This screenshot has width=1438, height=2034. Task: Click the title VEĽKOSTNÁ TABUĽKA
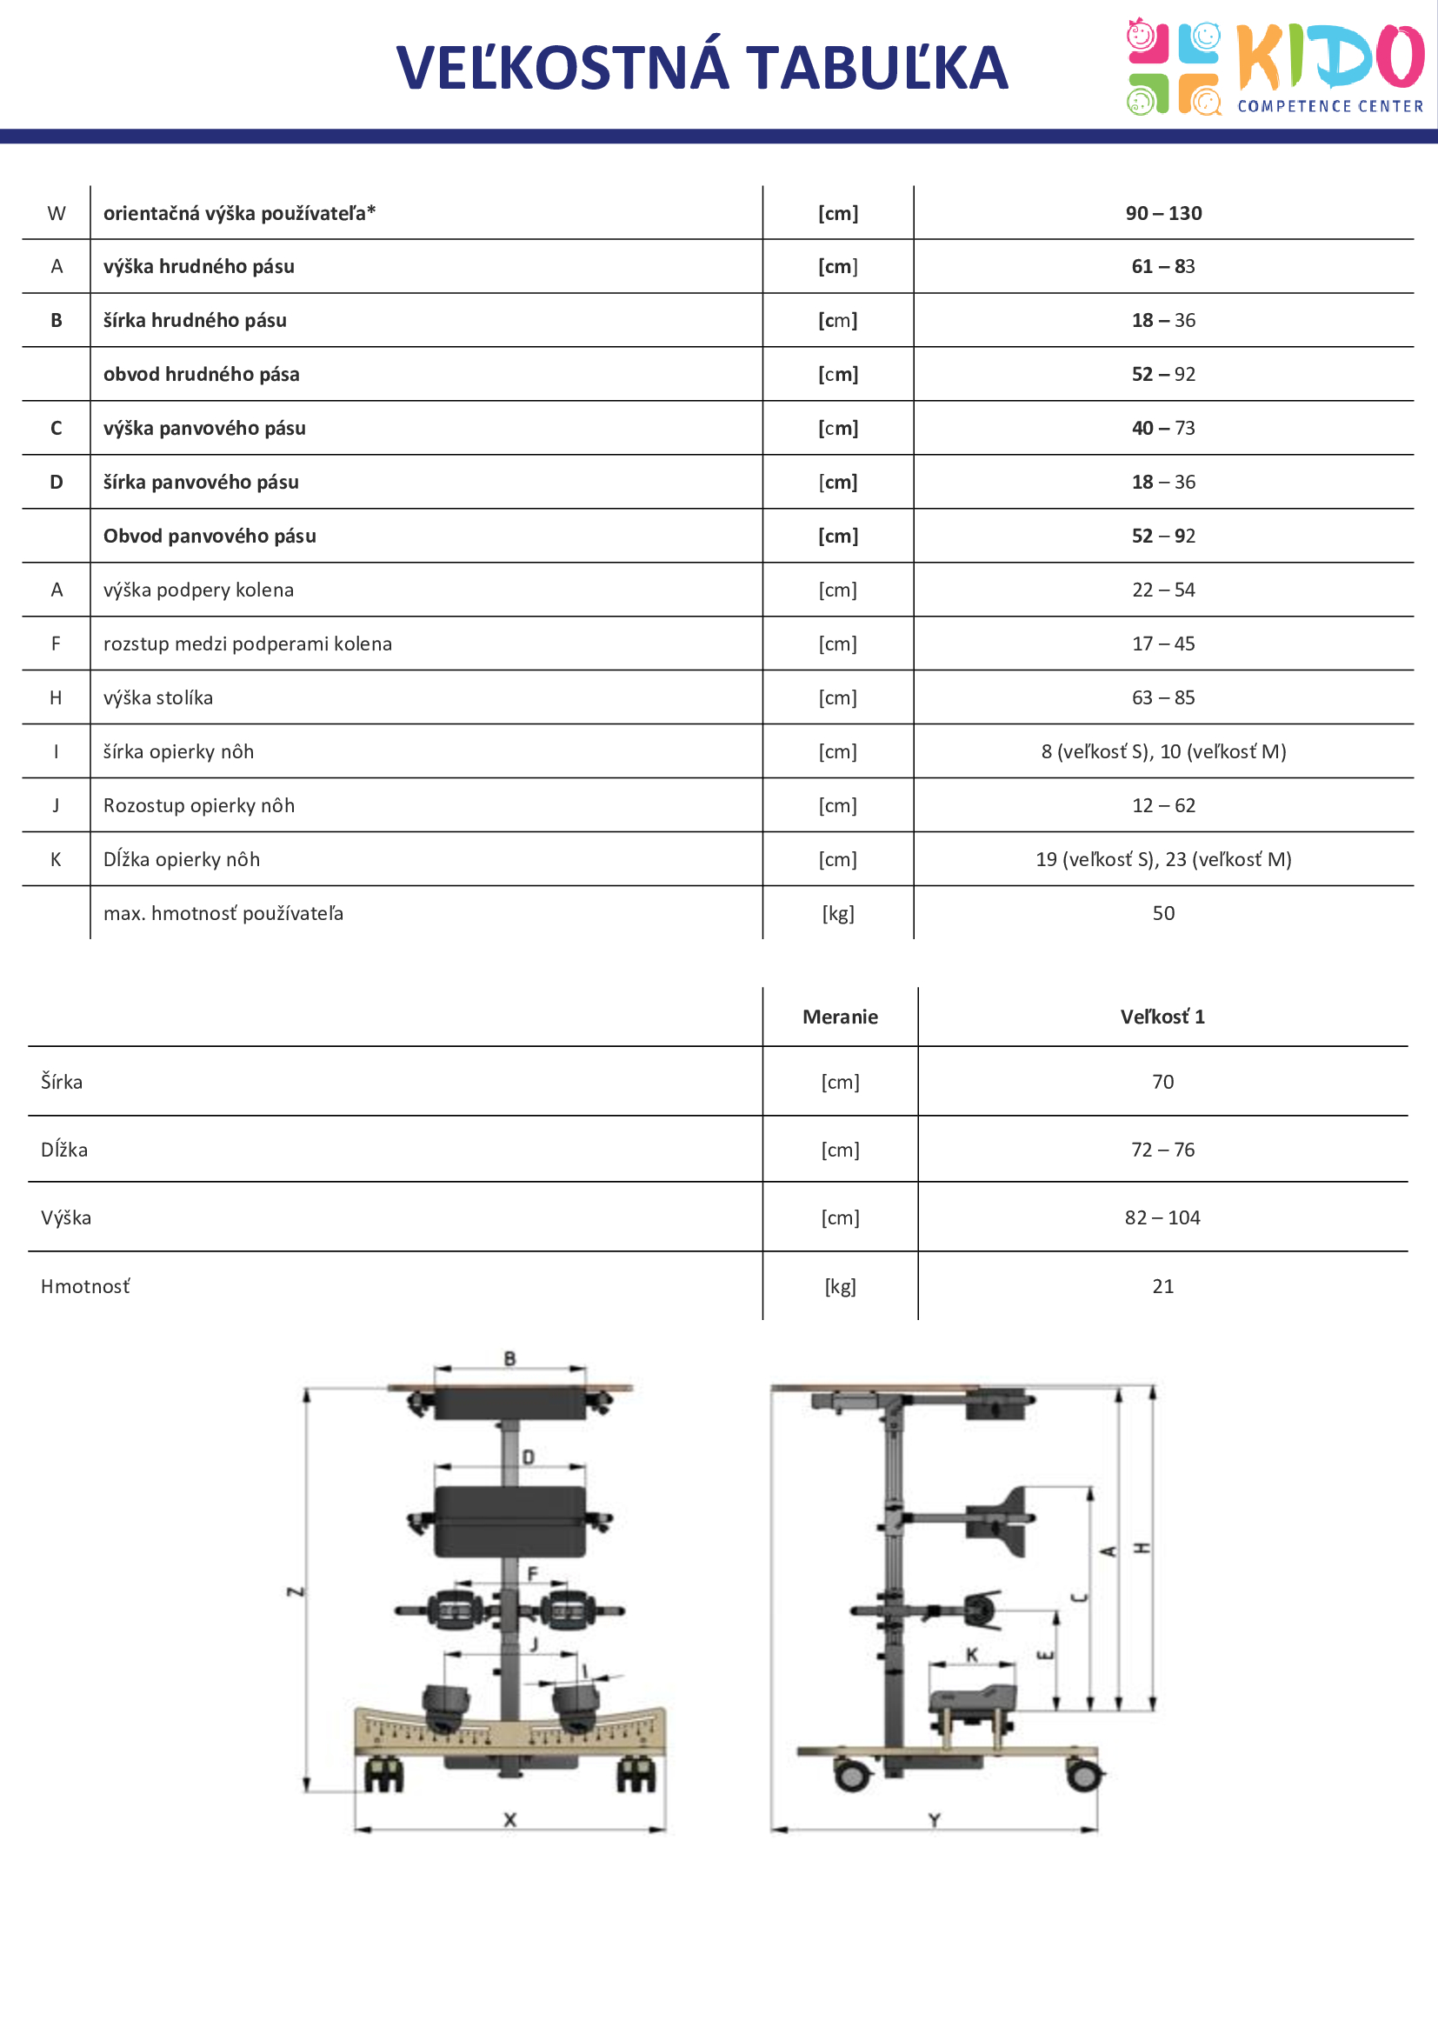click(x=702, y=67)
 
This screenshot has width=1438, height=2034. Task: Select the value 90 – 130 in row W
click(x=1162, y=214)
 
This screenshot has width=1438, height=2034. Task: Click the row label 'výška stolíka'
click(x=157, y=698)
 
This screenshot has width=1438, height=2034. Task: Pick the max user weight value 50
click(x=1162, y=913)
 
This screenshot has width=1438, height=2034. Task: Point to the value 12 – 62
click(x=1162, y=806)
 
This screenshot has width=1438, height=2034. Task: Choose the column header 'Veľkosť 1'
click(x=1162, y=1017)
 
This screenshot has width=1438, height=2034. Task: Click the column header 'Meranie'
click(x=840, y=1017)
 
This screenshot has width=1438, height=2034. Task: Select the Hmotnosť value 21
click(x=1162, y=1286)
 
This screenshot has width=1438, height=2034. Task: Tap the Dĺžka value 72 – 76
click(x=1162, y=1150)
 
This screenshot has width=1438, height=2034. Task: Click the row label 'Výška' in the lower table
click(x=65, y=1218)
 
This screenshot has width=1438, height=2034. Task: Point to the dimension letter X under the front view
click(x=510, y=1819)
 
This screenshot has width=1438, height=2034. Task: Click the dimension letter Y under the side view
click(x=934, y=1819)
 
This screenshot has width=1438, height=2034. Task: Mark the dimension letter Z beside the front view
click(x=296, y=1592)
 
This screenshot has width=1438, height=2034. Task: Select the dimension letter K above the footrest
click(x=971, y=1655)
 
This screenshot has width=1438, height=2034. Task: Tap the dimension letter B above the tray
click(x=510, y=1358)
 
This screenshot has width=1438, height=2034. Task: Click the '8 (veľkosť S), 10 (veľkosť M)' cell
click(x=1162, y=752)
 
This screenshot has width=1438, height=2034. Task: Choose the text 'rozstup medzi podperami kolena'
click(x=247, y=644)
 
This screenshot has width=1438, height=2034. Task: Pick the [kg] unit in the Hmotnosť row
click(x=840, y=1286)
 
